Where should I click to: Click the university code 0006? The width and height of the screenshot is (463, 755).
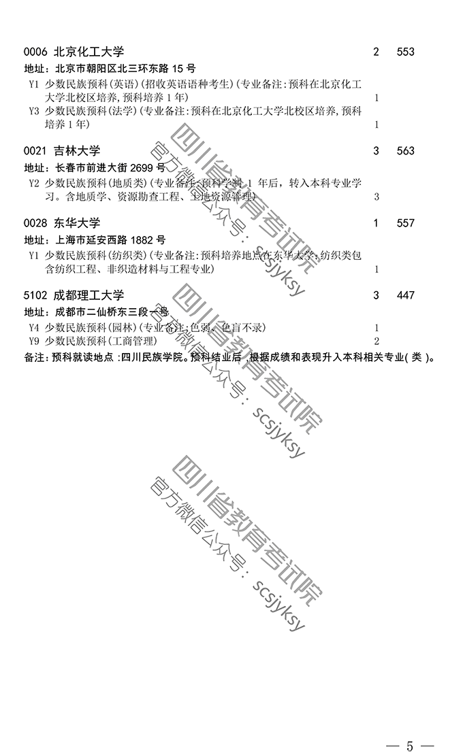coord(35,52)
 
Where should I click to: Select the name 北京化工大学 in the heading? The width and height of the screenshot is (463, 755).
coord(89,52)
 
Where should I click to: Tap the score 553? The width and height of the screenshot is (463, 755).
coord(405,52)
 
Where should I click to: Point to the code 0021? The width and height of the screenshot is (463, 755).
coord(35,151)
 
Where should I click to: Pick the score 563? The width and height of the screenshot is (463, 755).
coord(405,151)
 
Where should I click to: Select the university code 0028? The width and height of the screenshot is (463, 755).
coord(35,223)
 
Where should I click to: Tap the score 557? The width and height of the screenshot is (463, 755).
coord(405,223)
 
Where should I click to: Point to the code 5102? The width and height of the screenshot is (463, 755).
coord(35,295)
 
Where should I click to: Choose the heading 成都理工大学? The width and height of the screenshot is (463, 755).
coord(89,295)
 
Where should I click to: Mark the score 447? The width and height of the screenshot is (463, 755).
coord(405,295)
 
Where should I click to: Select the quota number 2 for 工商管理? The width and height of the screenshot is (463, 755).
coord(377,341)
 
